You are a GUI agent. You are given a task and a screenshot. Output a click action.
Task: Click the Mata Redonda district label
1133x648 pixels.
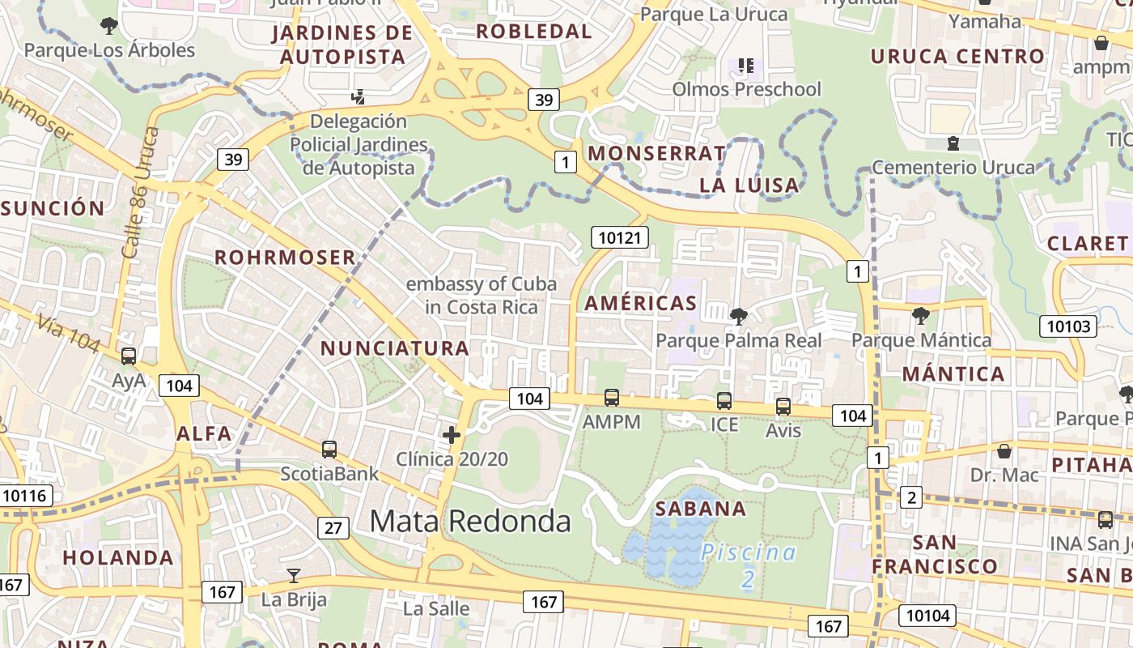(470, 521)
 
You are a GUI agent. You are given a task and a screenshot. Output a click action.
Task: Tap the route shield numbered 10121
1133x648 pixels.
(621, 237)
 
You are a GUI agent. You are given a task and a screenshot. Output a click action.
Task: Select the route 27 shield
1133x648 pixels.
(333, 528)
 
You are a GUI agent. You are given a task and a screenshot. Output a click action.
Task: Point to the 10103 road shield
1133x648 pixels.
(1067, 326)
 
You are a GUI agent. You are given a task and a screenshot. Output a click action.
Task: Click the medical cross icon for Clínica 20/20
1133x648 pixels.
(452, 435)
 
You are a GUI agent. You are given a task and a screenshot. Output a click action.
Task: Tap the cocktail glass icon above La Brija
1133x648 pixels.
(294, 576)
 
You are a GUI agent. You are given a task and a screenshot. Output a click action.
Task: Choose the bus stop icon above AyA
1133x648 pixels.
(129, 356)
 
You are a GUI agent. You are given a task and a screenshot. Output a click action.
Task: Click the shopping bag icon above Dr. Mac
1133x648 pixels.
(1004, 450)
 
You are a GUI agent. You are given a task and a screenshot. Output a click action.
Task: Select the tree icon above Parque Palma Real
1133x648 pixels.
(738, 316)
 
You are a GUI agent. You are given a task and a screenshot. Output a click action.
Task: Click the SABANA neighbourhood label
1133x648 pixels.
(701, 509)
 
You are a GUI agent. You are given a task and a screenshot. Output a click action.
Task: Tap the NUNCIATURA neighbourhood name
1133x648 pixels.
(395, 348)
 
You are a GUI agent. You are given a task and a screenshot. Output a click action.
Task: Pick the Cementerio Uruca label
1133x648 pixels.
(953, 168)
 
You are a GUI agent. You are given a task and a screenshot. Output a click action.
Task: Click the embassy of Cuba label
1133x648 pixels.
(481, 296)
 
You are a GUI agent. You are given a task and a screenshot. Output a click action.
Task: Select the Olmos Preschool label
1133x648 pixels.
(746, 89)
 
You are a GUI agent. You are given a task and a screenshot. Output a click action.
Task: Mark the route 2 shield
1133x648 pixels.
(911, 497)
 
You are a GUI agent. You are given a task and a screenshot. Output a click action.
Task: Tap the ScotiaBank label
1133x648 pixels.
(329, 473)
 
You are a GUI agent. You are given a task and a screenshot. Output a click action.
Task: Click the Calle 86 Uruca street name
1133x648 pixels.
(138, 192)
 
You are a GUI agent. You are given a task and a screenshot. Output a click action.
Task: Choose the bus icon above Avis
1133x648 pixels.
(783, 407)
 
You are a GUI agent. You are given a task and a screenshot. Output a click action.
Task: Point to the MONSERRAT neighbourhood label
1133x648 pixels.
(657, 153)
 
